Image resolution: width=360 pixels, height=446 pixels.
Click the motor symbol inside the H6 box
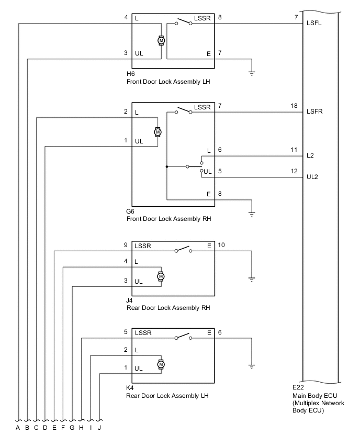[161, 40]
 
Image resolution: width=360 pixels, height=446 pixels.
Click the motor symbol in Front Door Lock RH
[157, 132]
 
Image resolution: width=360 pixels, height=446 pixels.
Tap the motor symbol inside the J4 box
[161, 276]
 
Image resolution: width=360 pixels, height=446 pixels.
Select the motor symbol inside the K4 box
[161, 364]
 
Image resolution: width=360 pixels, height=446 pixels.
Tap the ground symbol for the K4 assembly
[252, 366]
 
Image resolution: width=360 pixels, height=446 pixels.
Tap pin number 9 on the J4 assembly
[125, 245]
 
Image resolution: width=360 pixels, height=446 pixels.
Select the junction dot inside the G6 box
[166, 167]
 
